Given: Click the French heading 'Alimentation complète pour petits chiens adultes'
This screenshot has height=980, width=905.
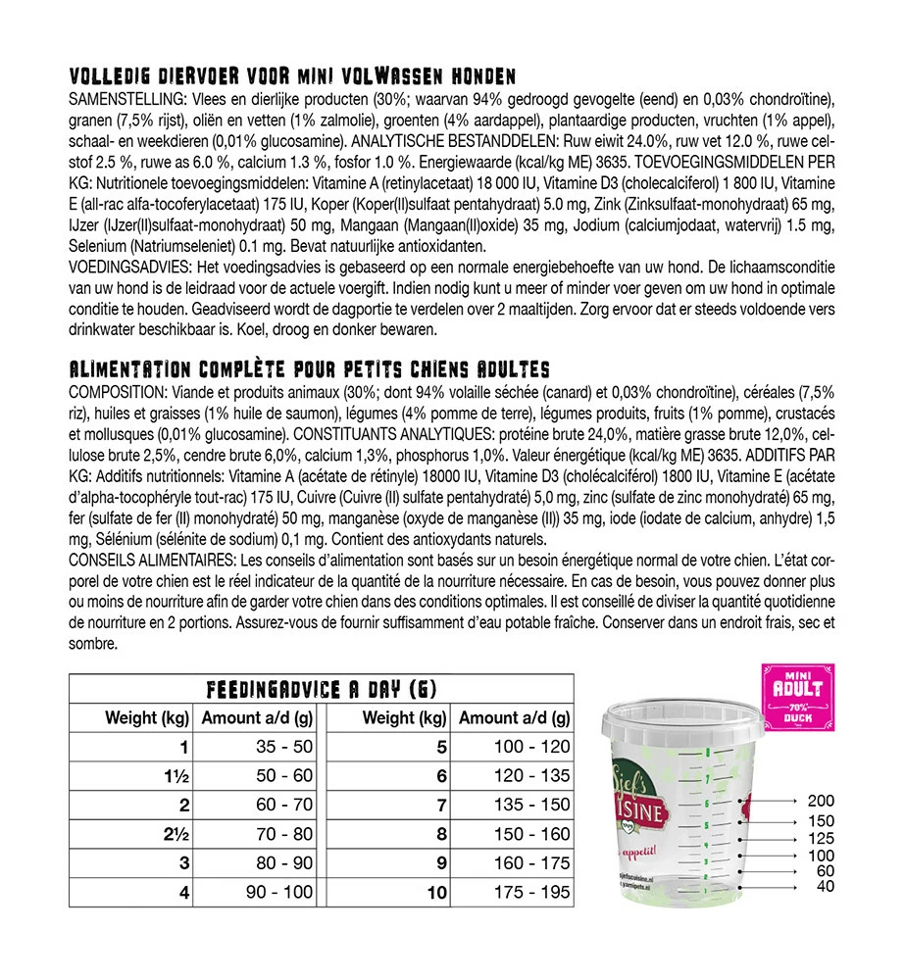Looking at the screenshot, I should pos(309,369).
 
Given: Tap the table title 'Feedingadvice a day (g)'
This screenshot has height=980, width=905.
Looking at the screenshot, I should pos(321,689).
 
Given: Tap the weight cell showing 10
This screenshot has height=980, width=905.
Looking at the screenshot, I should pos(436,894).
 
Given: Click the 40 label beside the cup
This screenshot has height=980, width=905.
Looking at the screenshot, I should pos(825,887).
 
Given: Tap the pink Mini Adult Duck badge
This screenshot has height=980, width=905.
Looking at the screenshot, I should pos(797,698).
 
